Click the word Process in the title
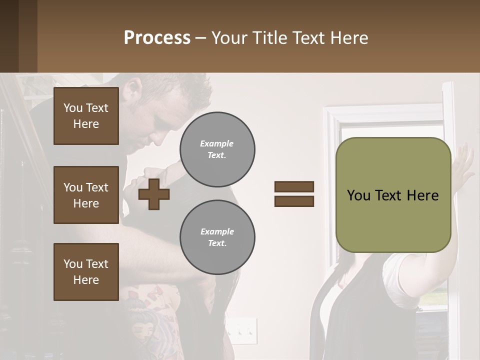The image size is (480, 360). coord(157,37)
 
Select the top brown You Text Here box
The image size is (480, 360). coord(86,116)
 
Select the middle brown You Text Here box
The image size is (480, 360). coord(86,195)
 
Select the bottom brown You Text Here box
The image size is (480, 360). coord(86,272)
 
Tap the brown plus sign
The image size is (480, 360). coord(154,194)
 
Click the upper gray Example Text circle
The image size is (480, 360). coord(217,149)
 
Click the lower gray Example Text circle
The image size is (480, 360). coord(217,237)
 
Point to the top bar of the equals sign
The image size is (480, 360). coord(294,186)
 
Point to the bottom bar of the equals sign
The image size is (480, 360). coord(294,201)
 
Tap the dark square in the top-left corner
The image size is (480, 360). coord(18,36)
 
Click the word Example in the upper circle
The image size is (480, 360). coord(217,143)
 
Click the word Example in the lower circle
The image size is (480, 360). coord(217,231)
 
